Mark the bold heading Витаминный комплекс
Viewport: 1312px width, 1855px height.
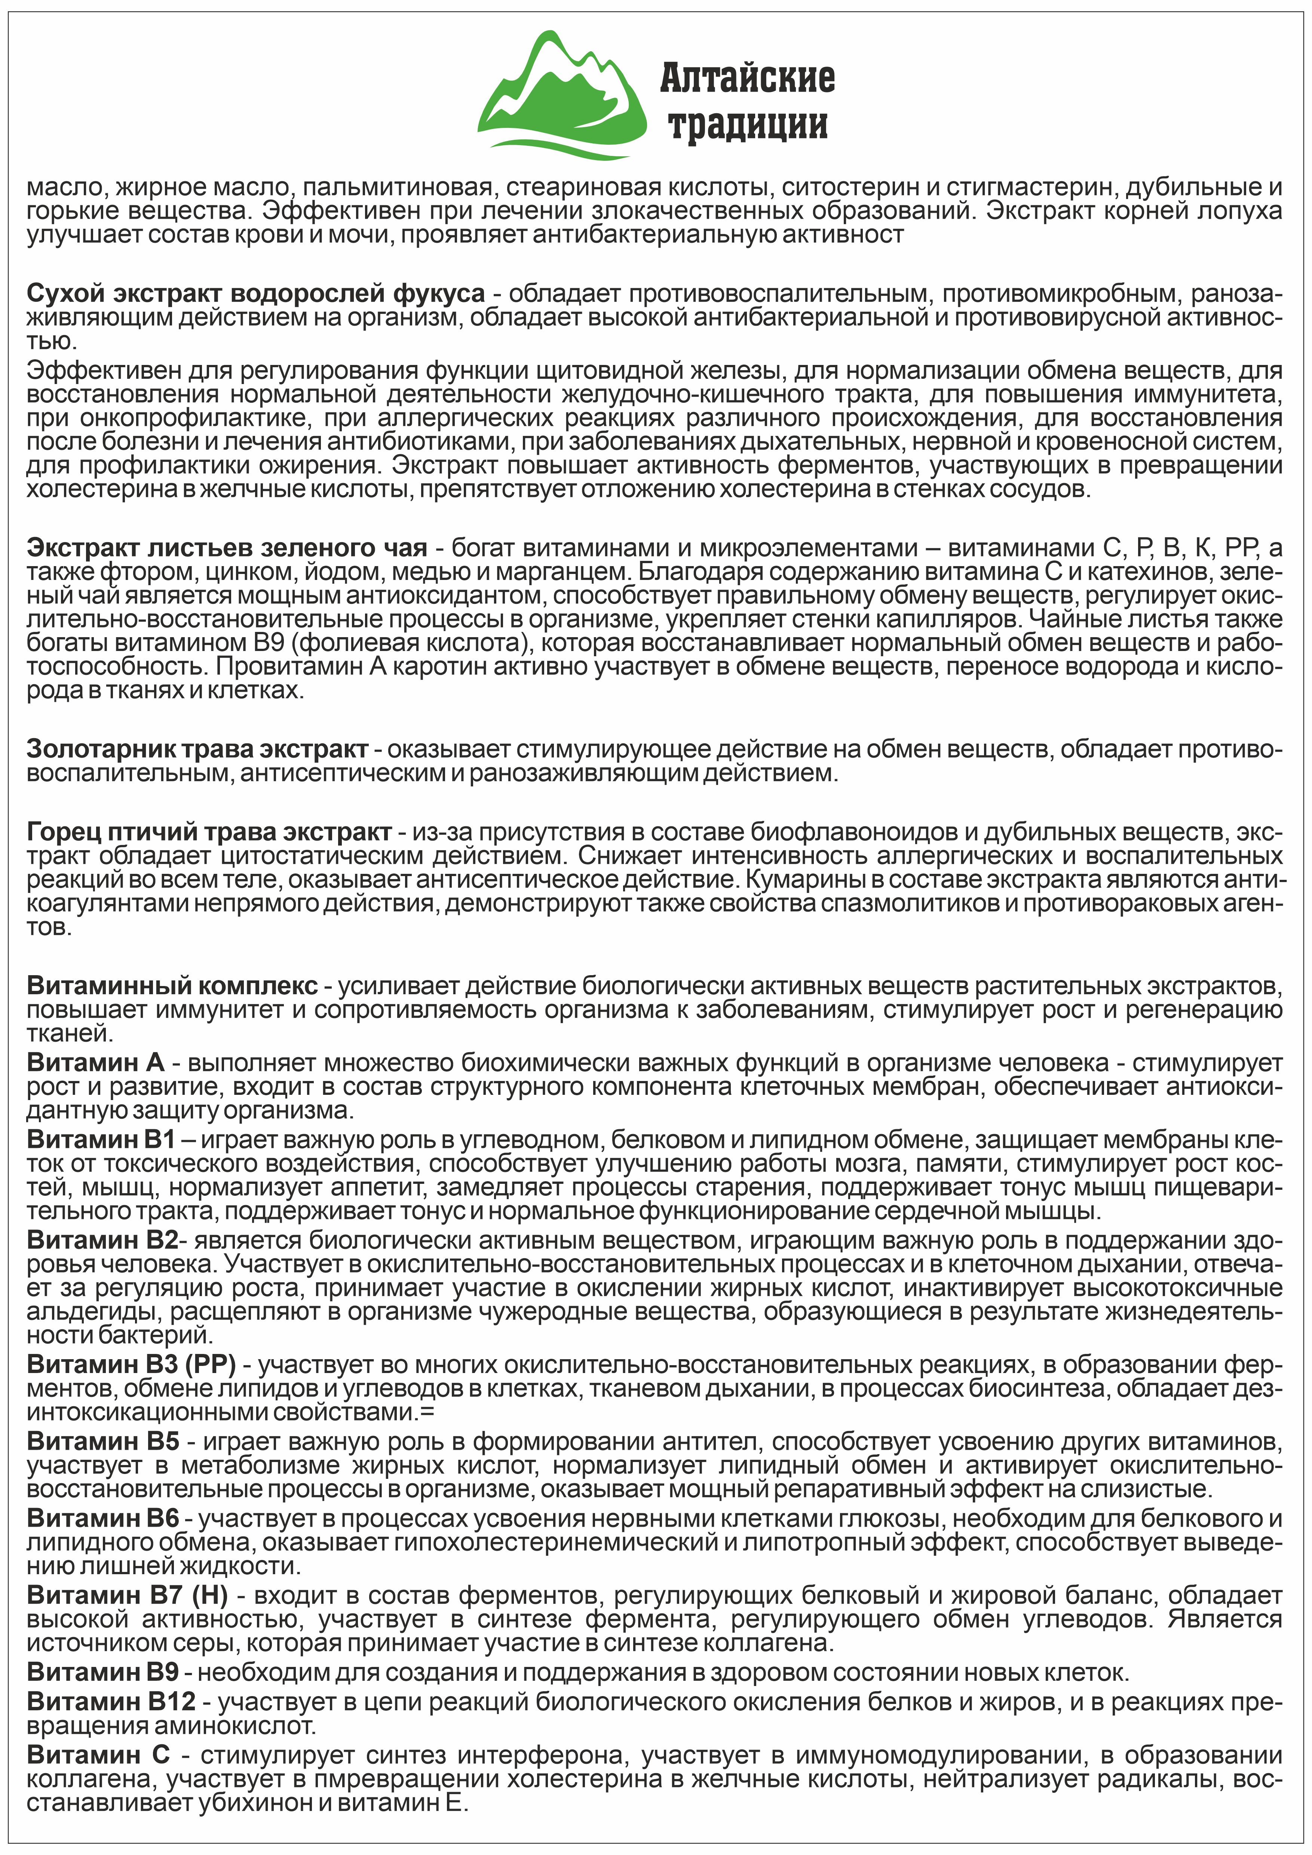tap(172, 986)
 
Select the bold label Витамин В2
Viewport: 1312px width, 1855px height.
tap(101, 1240)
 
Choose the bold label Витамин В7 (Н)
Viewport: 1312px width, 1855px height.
tap(127, 1596)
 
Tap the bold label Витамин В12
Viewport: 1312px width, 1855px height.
tap(111, 1701)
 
